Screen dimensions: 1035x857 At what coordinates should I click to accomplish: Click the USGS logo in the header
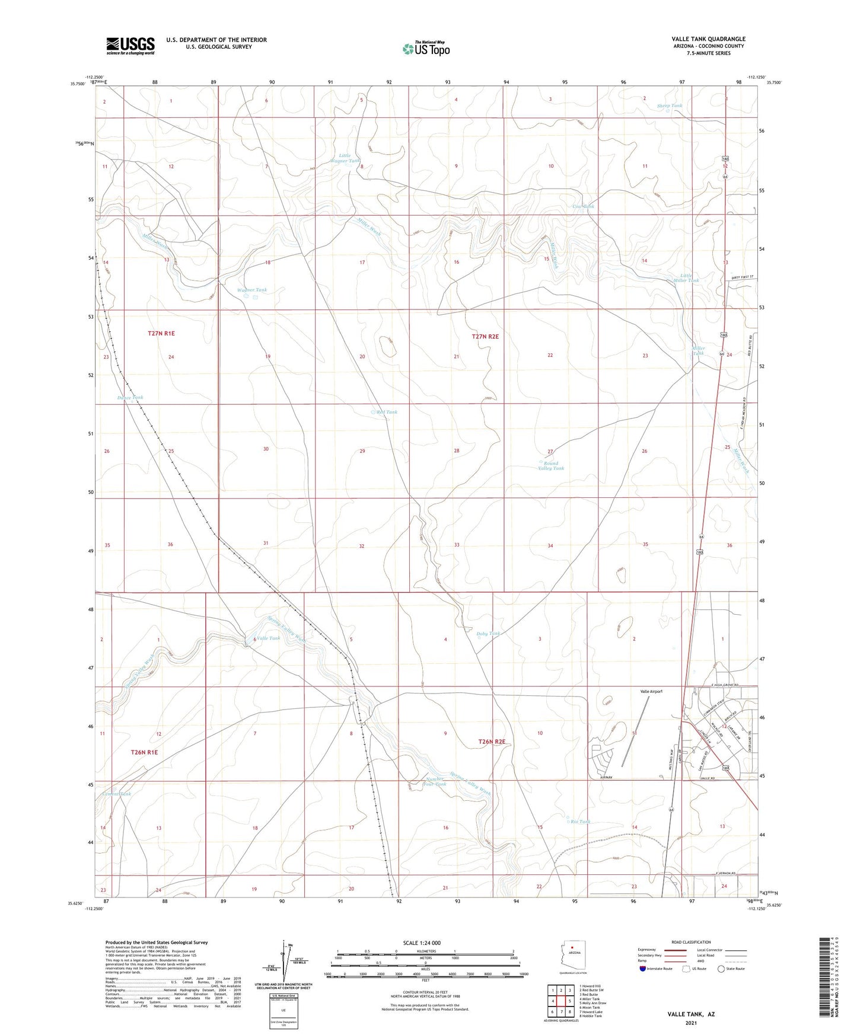pos(130,46)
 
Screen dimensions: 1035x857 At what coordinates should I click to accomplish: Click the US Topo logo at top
pos(426,49)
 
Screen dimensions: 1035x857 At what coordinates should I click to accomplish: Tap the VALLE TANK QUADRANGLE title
pos(708,39)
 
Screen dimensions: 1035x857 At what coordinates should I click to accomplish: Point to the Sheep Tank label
pos(670,106)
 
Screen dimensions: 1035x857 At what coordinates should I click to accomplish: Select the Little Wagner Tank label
pos(345,158)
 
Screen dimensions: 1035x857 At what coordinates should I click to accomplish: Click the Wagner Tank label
pos(252,290)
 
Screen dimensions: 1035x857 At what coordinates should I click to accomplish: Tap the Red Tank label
pos(387,412)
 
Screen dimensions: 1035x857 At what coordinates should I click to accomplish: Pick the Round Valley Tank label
pos(550,466)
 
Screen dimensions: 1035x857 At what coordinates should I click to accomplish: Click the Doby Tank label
pos(488,634)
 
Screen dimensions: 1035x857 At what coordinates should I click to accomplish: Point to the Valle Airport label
pos(651,692)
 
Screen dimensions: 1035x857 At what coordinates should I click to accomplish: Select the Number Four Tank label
pos(436,781)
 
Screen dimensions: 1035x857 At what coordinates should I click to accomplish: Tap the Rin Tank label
pos(581,822)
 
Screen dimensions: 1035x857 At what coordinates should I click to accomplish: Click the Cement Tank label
pos(116,794)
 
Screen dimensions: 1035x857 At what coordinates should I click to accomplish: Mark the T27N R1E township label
pos(161,334)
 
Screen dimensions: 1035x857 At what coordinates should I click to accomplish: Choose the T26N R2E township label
pos(492,742)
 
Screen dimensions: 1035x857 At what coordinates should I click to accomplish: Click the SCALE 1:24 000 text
pos(422,943)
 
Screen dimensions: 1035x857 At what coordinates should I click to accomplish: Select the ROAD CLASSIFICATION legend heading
pos(691,942)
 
